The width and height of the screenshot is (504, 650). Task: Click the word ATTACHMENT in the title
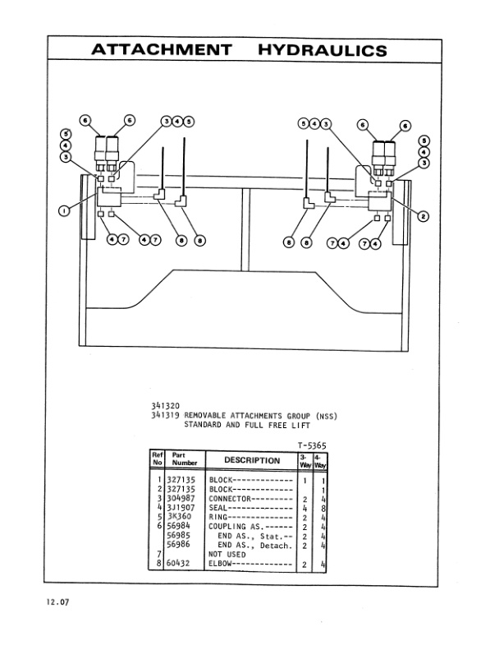pyautogui.click(x=161, y=50)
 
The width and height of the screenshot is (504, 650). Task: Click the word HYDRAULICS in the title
pyautogui.click(x=322, y=50)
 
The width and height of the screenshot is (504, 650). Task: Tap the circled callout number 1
pyautogui.click(x=65, y=211)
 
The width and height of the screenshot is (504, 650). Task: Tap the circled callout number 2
pyautogui.click(x=424, y=217)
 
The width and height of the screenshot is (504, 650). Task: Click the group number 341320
pyautogui.click(x=165, y=404)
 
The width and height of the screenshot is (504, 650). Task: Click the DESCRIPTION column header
pyautogui.click(x=252, y=460)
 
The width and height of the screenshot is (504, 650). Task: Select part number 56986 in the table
pyautogui.click(x=180, y=545)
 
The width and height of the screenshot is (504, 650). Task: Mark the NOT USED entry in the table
pyautogui.click(x=227, y=554)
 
